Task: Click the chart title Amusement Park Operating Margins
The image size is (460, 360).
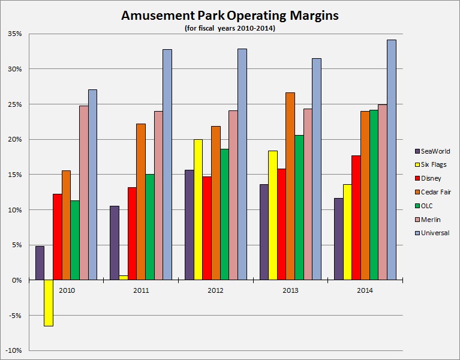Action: [x=230, y=16]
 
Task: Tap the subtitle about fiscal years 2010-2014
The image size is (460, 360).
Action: [x=230, y=28]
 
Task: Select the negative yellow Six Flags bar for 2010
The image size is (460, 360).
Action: [x=49, y=303]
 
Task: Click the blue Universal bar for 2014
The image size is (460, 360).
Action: [x=391, y=160]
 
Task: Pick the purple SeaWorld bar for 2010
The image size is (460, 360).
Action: [x=40, y=263]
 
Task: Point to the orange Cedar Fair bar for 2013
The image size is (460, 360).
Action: [x=290, y=186]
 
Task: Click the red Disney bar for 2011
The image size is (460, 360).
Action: [x=132, y=233]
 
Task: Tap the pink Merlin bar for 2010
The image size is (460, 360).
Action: [x=83, y=193]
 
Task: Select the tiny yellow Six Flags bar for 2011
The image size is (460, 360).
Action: [x=123, y=278]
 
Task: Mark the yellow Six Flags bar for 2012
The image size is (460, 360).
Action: [x=198, y=209]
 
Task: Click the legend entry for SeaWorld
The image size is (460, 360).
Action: [x=432, y=151]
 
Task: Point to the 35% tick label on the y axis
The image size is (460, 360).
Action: [x=14, y=34]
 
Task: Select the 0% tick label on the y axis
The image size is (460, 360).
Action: [x=16, y=280]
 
